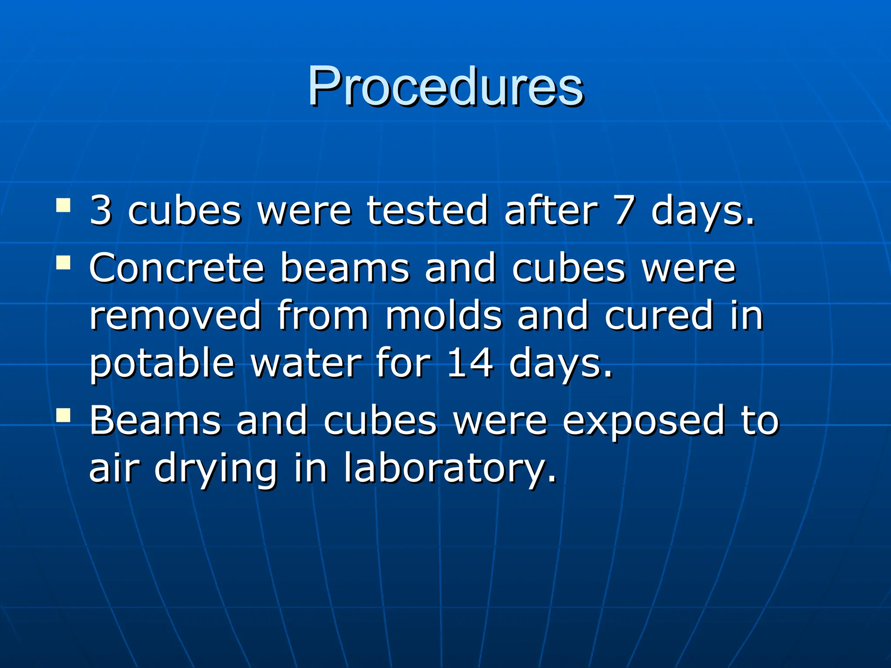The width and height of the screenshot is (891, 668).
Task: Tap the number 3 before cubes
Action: point(101,210)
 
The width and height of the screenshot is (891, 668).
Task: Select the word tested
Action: point(427,210)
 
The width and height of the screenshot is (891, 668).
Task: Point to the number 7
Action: point(625,210)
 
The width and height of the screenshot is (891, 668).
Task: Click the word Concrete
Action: point(177,268)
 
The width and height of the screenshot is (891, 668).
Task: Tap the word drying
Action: point(216,469)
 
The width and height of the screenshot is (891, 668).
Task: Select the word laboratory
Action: point(450,469)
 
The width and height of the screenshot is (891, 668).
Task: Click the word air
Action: point(114,469)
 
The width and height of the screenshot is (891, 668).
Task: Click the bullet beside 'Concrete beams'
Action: point(64,263)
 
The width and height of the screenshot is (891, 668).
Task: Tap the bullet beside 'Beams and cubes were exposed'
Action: point(64,415)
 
